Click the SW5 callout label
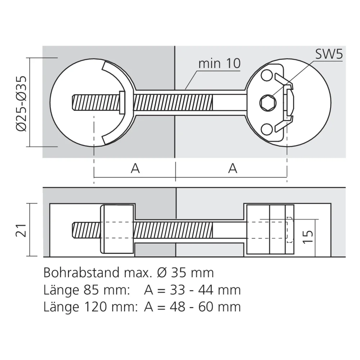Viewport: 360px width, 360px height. (329, 54)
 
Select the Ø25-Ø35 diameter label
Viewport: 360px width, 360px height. (21, 102)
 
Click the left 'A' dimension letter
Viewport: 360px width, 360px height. (135, 168)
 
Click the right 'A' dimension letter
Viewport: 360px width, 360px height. (233, 168)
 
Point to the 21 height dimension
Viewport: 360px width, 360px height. (21, 230)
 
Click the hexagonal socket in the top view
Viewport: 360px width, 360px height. (267, 103)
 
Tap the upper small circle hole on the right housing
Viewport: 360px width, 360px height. (267, 75)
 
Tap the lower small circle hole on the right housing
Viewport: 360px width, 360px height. (267, 130)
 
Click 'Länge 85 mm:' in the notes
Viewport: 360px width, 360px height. (86, 290)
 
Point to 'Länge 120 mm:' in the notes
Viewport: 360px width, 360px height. (90, 307)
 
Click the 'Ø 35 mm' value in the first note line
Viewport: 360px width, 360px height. (186, 273)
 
